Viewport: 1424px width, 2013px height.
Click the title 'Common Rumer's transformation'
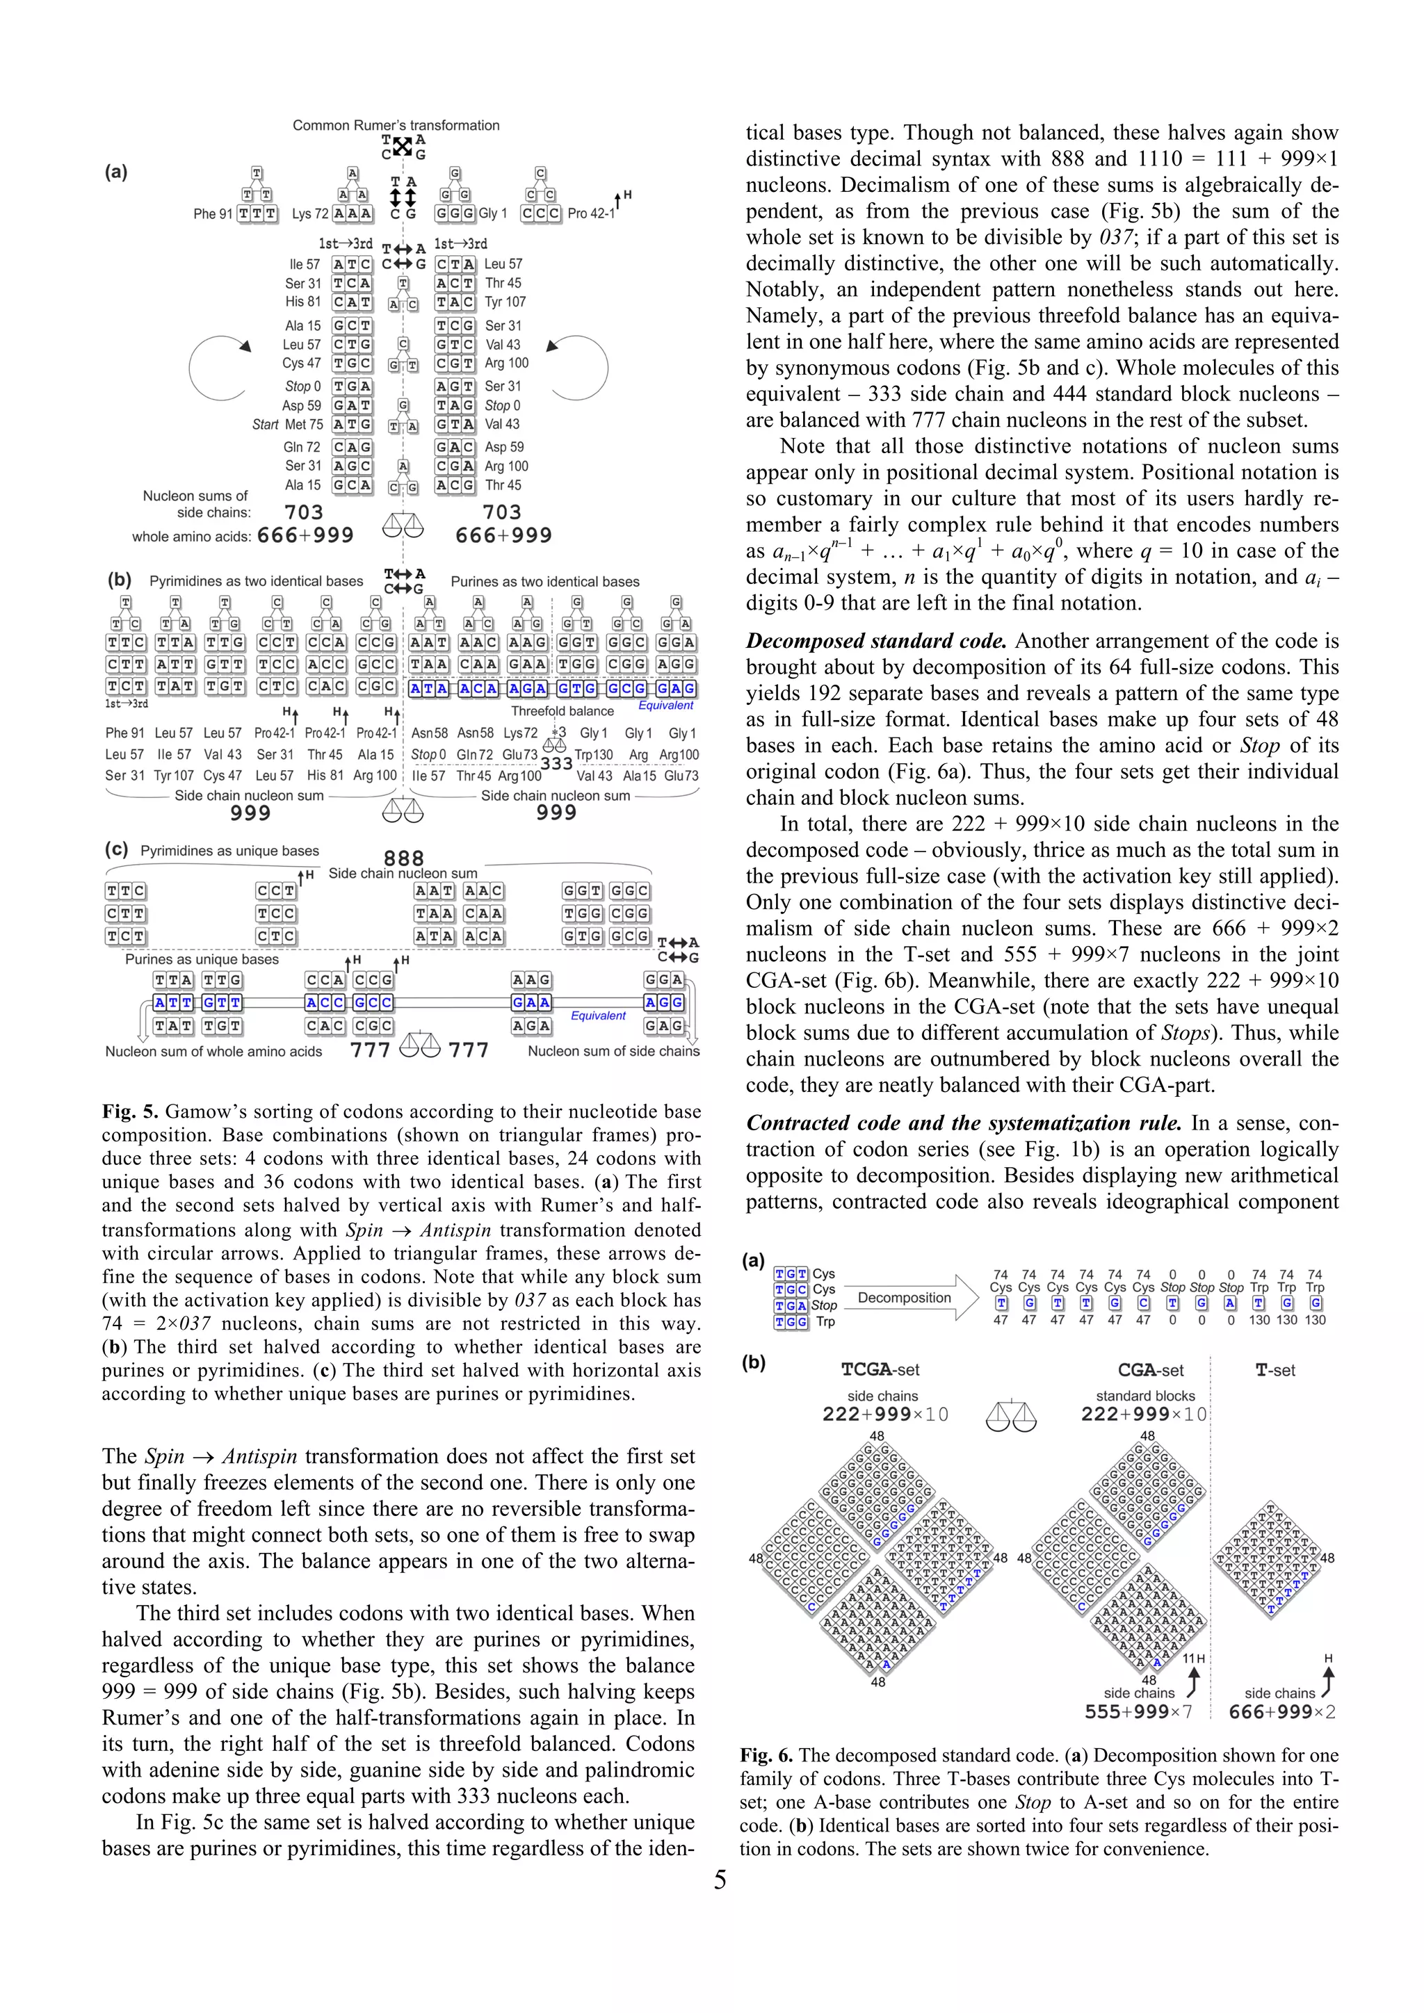pos(396,125)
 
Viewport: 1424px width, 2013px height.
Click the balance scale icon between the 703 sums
pos(403,525)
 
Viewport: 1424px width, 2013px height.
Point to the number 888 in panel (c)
pos(403,858)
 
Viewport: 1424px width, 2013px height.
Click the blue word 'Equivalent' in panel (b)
pos(665,705)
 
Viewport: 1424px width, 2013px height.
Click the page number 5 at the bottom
pos(719,1880)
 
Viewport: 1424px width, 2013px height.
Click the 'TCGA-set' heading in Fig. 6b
pos(880,1369)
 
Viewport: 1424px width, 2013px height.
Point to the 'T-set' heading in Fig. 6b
pos(1275,1370)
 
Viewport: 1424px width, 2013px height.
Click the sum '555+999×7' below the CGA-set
pos(1138,1711)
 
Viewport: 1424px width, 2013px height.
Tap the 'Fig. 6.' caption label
pos(766,1755)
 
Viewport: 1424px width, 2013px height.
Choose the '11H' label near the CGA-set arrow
pos(1193,1659)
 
